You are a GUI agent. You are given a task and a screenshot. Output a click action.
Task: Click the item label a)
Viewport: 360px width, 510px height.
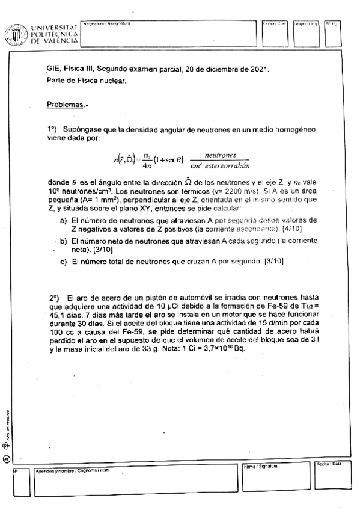pyautogui.click(x=63, y=220)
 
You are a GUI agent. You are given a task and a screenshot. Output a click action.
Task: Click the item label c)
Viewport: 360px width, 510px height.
pyautogui.click(x=63, y=262)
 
